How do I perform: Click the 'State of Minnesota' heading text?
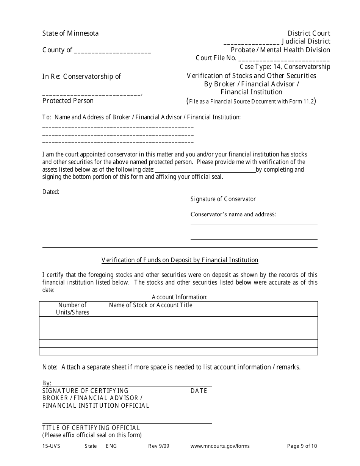click(70, 33)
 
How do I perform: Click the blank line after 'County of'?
click(113, 51)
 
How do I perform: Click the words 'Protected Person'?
click(68, 101)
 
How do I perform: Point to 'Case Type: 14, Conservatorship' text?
click(285, 67)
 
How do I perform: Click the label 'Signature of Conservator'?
click(223, 199)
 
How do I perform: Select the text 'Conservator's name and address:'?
click(233, 214)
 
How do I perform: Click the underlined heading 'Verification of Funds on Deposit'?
click(180, 260)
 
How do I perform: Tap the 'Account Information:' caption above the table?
click(180, 297)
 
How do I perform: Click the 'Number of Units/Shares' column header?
click(72, 309)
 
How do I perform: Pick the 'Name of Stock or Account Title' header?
click(150, 305)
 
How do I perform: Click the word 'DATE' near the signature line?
click(199, 391)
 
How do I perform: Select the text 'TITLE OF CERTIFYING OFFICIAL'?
click(91, 428)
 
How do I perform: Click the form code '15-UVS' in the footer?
click(51, 446)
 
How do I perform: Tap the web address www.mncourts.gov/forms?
click(220, 446)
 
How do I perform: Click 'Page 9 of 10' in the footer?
click(302, 446)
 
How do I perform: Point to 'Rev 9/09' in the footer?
click(158, 446)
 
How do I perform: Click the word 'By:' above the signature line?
click(47, 383)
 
